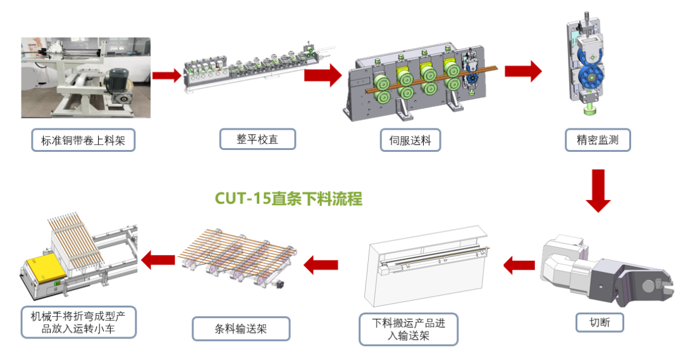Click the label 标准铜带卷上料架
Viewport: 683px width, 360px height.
pos(83,140)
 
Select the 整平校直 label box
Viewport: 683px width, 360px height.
pos(257,139)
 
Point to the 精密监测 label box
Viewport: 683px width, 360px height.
pos(598,140)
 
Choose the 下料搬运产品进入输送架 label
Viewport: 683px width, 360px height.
pos(408,329)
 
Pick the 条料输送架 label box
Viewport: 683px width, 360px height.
pos(240,328)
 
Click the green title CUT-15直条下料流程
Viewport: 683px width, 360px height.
pos(288,199)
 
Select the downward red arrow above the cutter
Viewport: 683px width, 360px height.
pos(598,190)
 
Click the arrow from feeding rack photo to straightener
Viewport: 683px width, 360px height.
pos(166,76)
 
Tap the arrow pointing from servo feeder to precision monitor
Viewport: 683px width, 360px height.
pos(523,71)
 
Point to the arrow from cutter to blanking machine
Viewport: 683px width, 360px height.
pos(519,266)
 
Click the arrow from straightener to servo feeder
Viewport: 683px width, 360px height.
pos(323,74)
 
